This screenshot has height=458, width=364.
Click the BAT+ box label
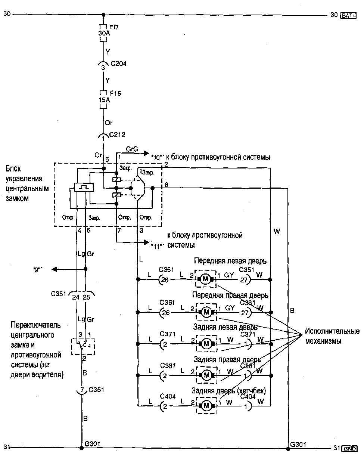click(349, 15)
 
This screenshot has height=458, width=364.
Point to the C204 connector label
click(119, 64)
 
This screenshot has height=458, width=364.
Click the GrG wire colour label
click(132, 149)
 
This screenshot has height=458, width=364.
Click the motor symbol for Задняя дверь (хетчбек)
click(206, 405)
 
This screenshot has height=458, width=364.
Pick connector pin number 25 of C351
click(86, 297)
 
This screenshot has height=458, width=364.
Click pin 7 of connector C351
click(82, 390)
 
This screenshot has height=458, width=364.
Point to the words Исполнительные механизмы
click(332, 336)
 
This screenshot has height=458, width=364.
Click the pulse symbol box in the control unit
click(81, 187)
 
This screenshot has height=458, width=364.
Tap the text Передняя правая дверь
click(230, 295)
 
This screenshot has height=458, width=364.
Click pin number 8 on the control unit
click(166, 185)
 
